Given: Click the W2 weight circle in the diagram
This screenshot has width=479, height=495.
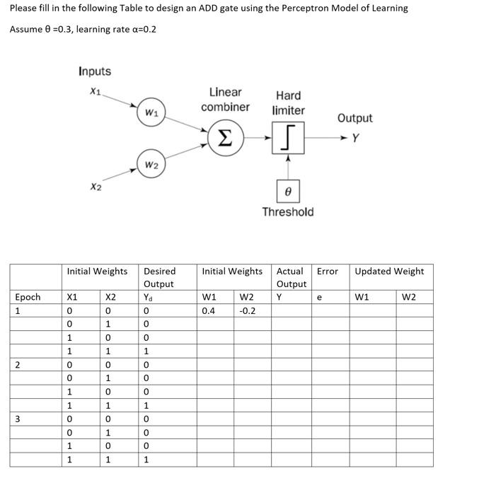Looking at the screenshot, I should [150, 165].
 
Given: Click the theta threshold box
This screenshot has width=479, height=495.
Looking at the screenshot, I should [287, 191].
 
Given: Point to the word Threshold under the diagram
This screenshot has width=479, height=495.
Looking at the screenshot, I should [287, 211].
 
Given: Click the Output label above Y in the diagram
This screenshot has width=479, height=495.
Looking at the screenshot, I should [354, 118].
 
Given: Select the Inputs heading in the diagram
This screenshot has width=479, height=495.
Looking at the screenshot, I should [95, 71].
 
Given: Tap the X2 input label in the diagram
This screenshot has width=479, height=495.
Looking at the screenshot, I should [96, 187].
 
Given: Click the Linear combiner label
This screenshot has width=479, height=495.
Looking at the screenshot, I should [225, 100].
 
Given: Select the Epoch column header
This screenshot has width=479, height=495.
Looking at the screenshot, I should [28, 297].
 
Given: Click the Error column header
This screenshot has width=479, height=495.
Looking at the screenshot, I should [327, 271].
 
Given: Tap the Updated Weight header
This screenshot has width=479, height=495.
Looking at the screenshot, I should [389, 271].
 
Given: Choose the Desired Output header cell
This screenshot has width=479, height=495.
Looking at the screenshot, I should [159, 277].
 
